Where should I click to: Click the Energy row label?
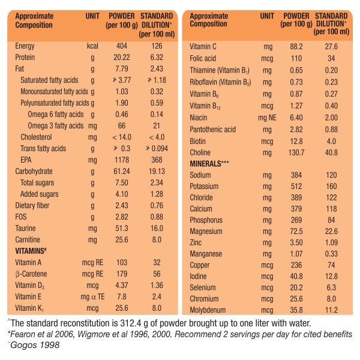point(25,46)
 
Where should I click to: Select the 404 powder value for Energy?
point(122,46)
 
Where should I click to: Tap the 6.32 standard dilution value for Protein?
point(157,57)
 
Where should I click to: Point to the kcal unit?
point(92,46)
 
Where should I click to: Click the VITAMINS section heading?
point(31,251)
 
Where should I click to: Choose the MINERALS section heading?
point(209,164)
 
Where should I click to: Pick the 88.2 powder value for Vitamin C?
point(296,47)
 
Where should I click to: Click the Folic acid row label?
point(203,58)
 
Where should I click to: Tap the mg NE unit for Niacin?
point(267,118)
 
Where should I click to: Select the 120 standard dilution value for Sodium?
point(331,175)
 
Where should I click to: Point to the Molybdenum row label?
point(208,310)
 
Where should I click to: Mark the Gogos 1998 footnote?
point(35,345)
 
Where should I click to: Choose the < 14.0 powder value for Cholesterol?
point(122,137)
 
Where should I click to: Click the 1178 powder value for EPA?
point(122,160)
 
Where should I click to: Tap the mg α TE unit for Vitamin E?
point(92,296)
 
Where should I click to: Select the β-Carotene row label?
point(31,274)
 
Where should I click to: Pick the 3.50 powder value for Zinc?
point(296,242)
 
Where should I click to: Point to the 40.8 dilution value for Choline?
point(331,152)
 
